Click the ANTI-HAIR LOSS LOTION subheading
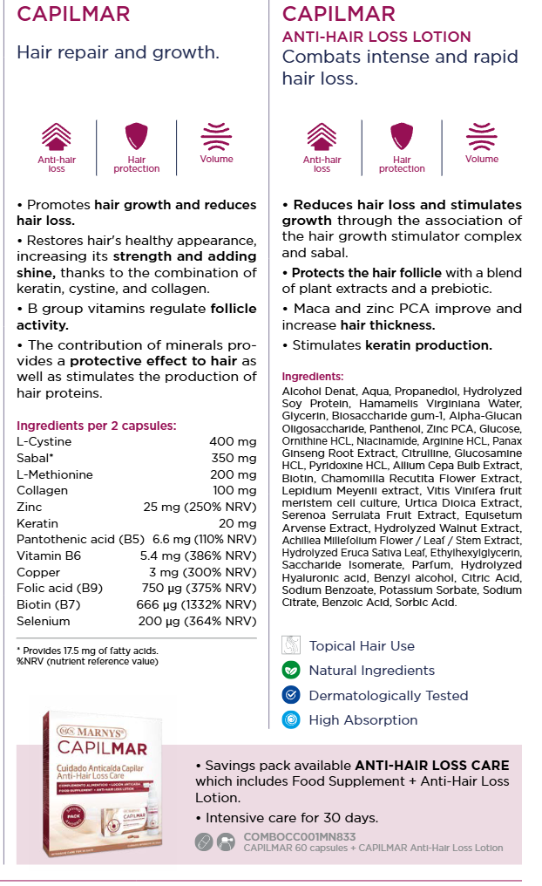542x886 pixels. click(x=376, y=37)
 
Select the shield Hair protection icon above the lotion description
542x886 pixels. click(x=402, y=137)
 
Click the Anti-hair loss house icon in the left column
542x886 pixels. click(x=57, y=137)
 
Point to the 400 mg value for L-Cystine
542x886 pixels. click(x=233, y=442)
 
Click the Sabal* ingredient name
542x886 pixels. click(x=35, y=458)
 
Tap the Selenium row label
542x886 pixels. click(x=43, y=621)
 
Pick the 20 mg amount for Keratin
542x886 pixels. click(x=237, y=523)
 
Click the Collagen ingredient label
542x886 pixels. click(x=42, y=491)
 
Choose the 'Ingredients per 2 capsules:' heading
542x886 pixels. click(x=97, y=426)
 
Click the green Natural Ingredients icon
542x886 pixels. click(x=291, y=671)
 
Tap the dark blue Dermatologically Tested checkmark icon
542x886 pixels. click(x=291, y=695)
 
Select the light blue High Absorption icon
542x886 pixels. click(x=291, y=719)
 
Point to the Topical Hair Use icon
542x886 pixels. click(x=291, y=646)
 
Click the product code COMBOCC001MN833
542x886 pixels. click(x=301, y=837)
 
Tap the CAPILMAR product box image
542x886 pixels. click(x=109, y=780)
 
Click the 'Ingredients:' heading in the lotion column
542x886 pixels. click(x=313, y=377)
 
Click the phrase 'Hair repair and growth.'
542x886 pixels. click(x=118, y=52)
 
